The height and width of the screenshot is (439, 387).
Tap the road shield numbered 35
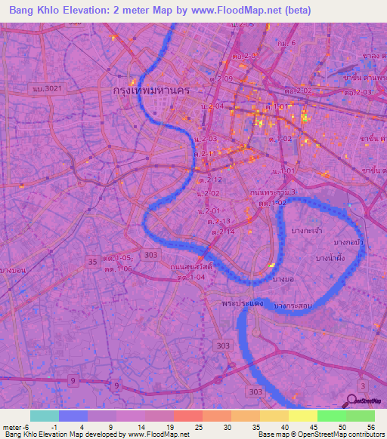(x=92, y=262)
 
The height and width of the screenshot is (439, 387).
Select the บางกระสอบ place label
(x=296, y=305)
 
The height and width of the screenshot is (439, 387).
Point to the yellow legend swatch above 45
(x=302, y=416)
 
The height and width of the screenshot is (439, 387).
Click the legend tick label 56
(x=370, y=426)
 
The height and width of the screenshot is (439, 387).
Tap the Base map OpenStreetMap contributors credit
(x=320, y=434)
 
